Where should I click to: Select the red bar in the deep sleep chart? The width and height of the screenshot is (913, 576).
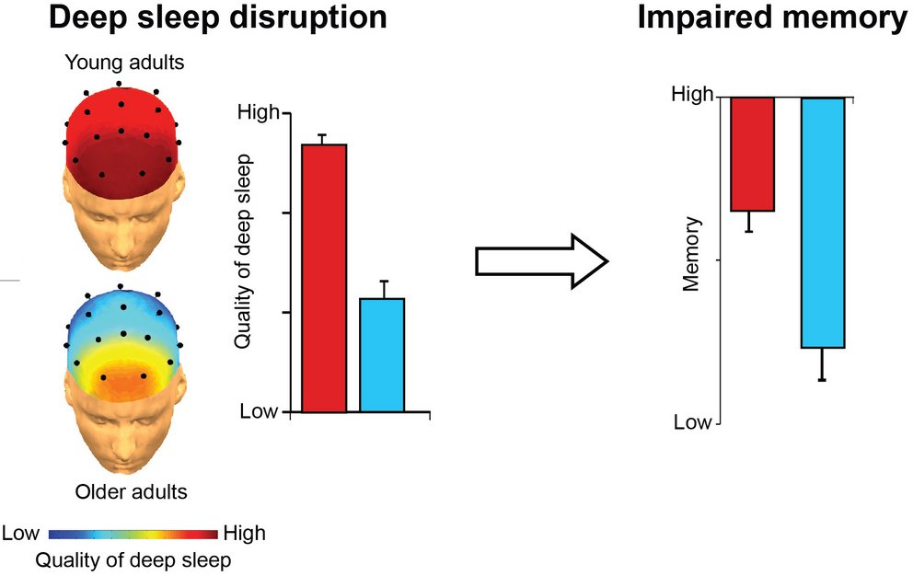324,276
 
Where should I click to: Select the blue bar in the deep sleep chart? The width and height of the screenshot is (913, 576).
382,354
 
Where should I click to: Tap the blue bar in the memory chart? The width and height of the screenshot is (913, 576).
823,222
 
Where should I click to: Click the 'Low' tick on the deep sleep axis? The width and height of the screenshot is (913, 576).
258,411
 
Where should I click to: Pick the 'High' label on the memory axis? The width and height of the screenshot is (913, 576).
691,95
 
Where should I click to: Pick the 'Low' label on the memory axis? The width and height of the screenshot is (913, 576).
692,422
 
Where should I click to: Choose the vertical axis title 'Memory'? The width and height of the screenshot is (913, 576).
692,254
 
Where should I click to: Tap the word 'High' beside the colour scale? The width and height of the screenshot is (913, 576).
244,533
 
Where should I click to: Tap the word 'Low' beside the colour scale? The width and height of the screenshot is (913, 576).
22,533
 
